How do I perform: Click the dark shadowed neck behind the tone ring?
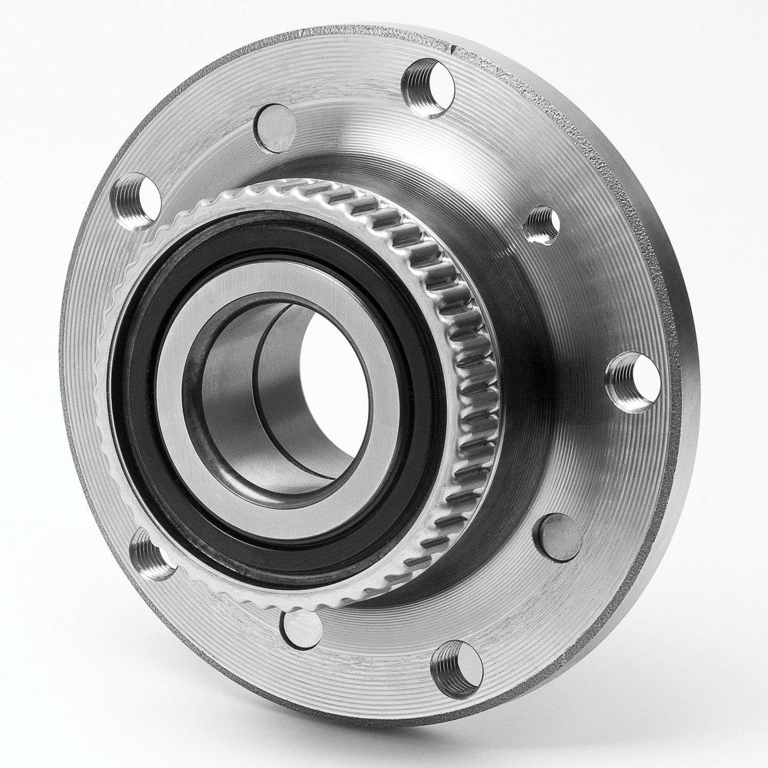(527, 410)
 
